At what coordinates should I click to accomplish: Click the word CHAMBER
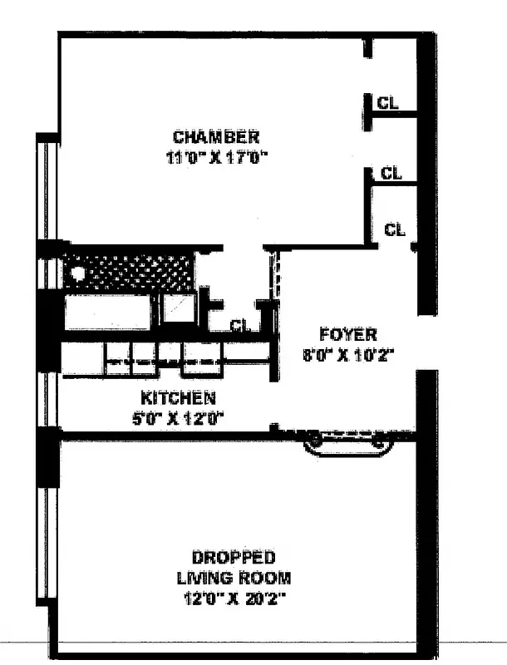(x=215, y=136)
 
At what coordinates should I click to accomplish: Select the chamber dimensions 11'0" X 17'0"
(x=219, y=157)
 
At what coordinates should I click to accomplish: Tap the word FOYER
(x=348, y=335)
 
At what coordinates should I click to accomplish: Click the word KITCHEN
(x=178, y=397)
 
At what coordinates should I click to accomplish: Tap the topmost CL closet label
(x=388, y=103)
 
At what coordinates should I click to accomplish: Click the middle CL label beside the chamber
(x=391, y=173)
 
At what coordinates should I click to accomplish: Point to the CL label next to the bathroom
(x=240, y=326)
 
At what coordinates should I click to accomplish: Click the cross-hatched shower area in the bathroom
(x=133, y=271)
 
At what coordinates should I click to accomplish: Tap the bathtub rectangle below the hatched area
(x=108, y=311)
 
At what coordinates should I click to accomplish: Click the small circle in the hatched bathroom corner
(x=77, y=270)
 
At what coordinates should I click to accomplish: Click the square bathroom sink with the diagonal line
(x=177, y=308)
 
